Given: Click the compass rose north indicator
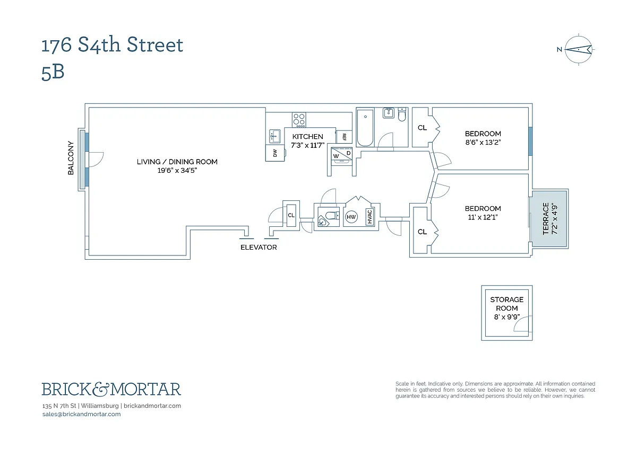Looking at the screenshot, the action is (578, 50).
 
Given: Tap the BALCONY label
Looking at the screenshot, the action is (71, 161).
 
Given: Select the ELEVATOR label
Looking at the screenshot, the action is (259, 248).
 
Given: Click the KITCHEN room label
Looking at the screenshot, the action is (308, 137).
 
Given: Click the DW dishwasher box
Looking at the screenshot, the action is (275, 153).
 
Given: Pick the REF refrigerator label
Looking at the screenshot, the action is (344, 137).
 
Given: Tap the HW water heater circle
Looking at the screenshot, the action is (351, 217).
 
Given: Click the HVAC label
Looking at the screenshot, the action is (369, 217).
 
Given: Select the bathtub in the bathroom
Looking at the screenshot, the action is (365, 128).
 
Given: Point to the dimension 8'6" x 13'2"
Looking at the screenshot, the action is (483, 142).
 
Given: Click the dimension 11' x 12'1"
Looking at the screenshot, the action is (483, 217).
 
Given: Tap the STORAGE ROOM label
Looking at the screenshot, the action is (506, 304).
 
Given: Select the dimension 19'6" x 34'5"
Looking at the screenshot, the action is (177, 170).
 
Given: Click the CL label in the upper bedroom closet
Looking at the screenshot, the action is (422, 128).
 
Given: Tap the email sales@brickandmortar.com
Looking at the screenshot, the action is (81, 414).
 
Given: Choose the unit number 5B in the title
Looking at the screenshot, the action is (53, 73).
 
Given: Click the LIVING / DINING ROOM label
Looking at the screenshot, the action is (177, 162).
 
